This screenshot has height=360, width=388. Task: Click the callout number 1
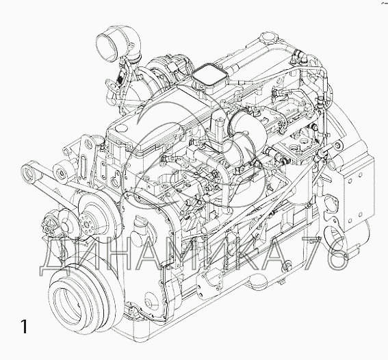click(x=24, y=326)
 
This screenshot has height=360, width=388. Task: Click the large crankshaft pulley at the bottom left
click(x=81, y=299)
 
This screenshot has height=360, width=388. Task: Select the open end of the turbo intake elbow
click(x=106, y=47)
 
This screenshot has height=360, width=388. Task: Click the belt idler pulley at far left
click(x=28, y=171)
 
